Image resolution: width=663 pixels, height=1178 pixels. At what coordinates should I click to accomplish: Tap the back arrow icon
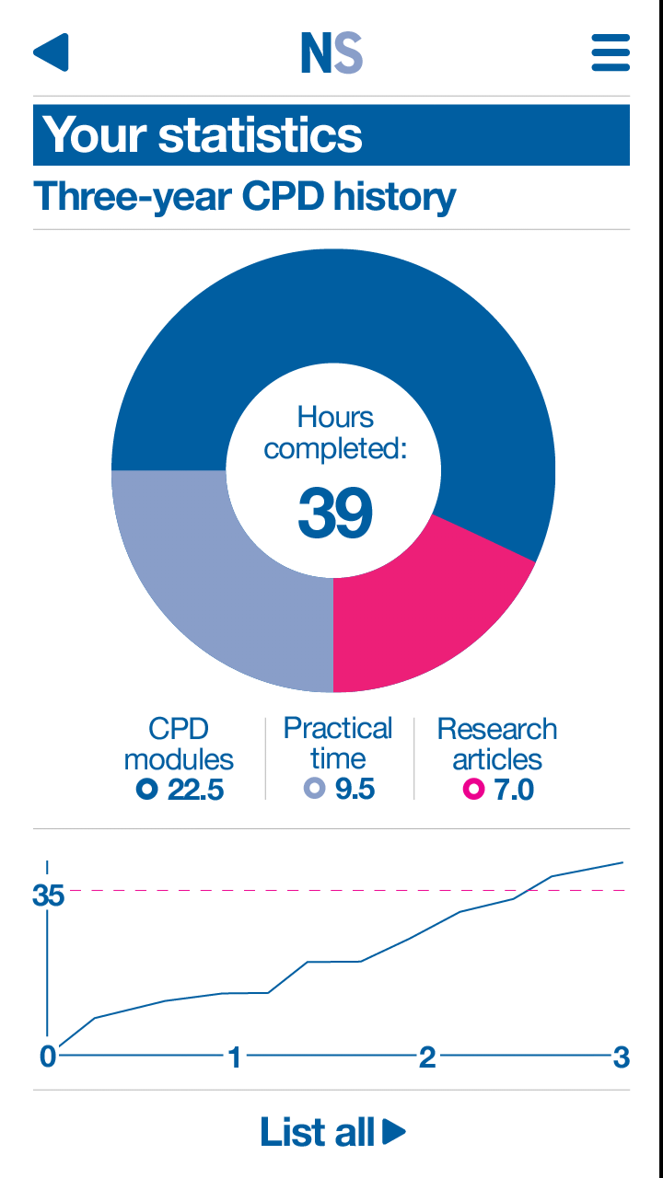point(52,52)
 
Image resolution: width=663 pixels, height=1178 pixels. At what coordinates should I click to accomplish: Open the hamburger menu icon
point(611,52)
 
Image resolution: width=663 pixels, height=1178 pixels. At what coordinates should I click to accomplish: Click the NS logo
point(331,53)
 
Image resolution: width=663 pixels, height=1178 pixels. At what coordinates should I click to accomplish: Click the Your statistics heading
point(203,134)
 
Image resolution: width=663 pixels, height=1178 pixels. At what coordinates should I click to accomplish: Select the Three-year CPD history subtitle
point(245,197)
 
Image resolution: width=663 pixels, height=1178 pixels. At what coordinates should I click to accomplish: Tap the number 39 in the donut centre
point(335,514)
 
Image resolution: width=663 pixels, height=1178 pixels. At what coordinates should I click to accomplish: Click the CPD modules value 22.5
point(195,790)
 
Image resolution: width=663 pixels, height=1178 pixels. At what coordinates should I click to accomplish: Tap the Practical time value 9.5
point(355,790)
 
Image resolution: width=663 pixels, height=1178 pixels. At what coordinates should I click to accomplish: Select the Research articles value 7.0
point(514,790)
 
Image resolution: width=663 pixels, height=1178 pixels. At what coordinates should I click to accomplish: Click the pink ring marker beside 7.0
point(473,789)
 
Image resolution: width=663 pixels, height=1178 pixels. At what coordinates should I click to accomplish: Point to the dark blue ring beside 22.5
point(146,789)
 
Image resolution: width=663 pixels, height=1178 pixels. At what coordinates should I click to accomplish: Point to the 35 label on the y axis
point(48,895)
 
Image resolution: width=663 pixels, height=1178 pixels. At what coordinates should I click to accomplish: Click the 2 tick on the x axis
point(427,1057)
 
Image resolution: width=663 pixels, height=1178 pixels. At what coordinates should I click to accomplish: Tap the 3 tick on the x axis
point(622,1057)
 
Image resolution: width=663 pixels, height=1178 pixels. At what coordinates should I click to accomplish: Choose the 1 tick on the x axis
point(235,1057)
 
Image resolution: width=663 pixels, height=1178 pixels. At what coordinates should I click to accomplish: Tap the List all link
point(331,1132)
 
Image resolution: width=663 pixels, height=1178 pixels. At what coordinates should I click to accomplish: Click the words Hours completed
point(335,433)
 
